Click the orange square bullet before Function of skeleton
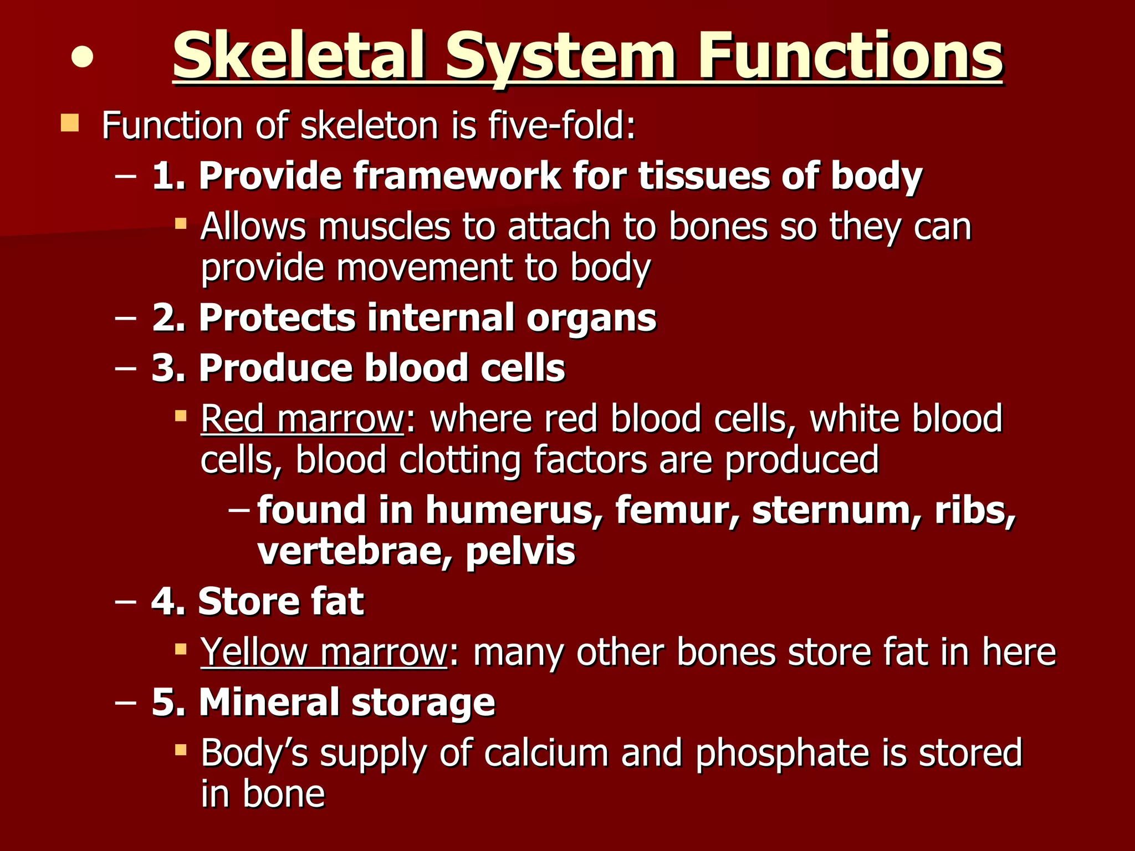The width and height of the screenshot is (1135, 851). tap(70, 123)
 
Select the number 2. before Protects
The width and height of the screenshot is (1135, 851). tap(168, 318)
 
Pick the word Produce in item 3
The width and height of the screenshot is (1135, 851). tap(275, 368)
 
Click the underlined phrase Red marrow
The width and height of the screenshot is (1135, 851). tap(302, 419)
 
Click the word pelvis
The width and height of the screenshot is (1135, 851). tap(520, 552)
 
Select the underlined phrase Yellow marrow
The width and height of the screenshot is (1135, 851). tap(324, 653)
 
